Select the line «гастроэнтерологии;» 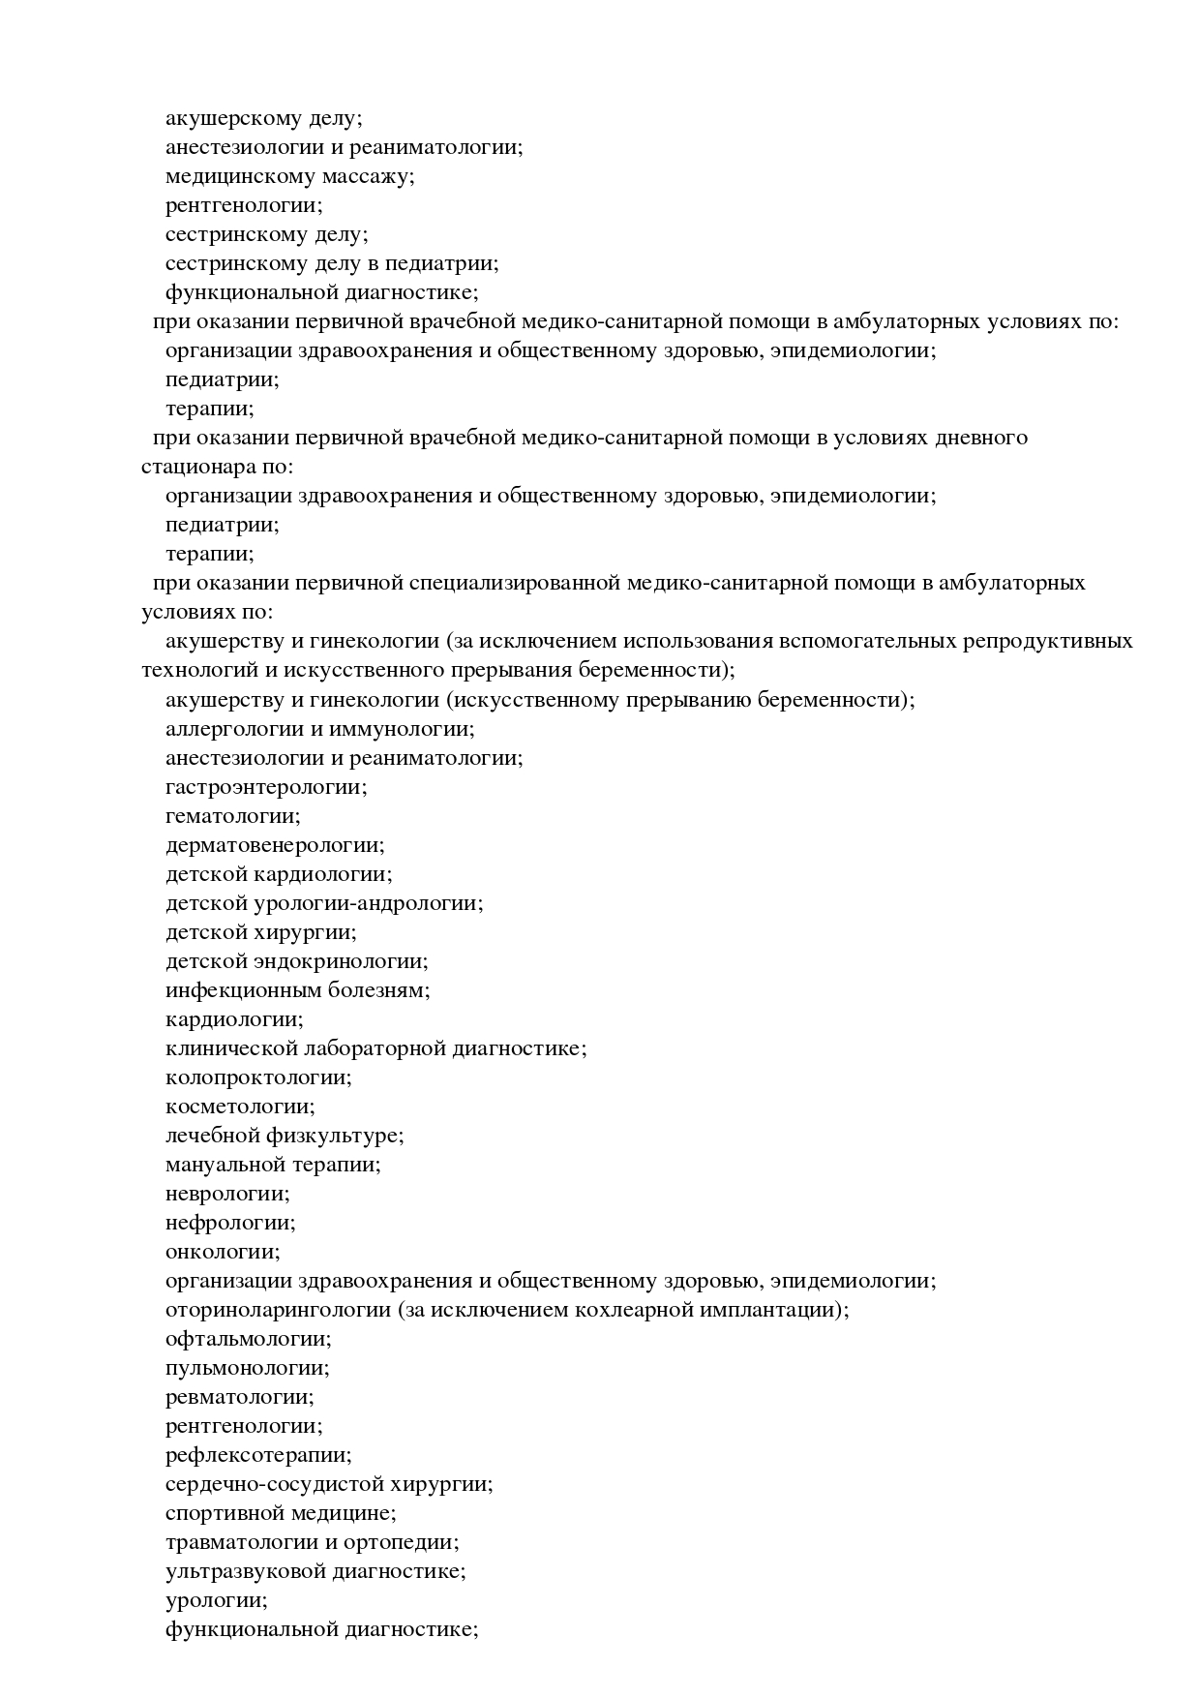(x=266, y=787)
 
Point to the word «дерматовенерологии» (x=272, y=845)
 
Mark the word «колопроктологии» (x=256, y=1077)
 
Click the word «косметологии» (x=238, y=1107)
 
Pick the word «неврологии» (x=225, y=1194)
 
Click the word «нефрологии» (x=228, y=1223)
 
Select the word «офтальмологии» (x=246, y=1339)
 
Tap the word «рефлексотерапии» (x=256, y=1455)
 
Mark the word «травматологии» (x=237, y=1542)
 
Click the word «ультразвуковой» (x=246, y=1571)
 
